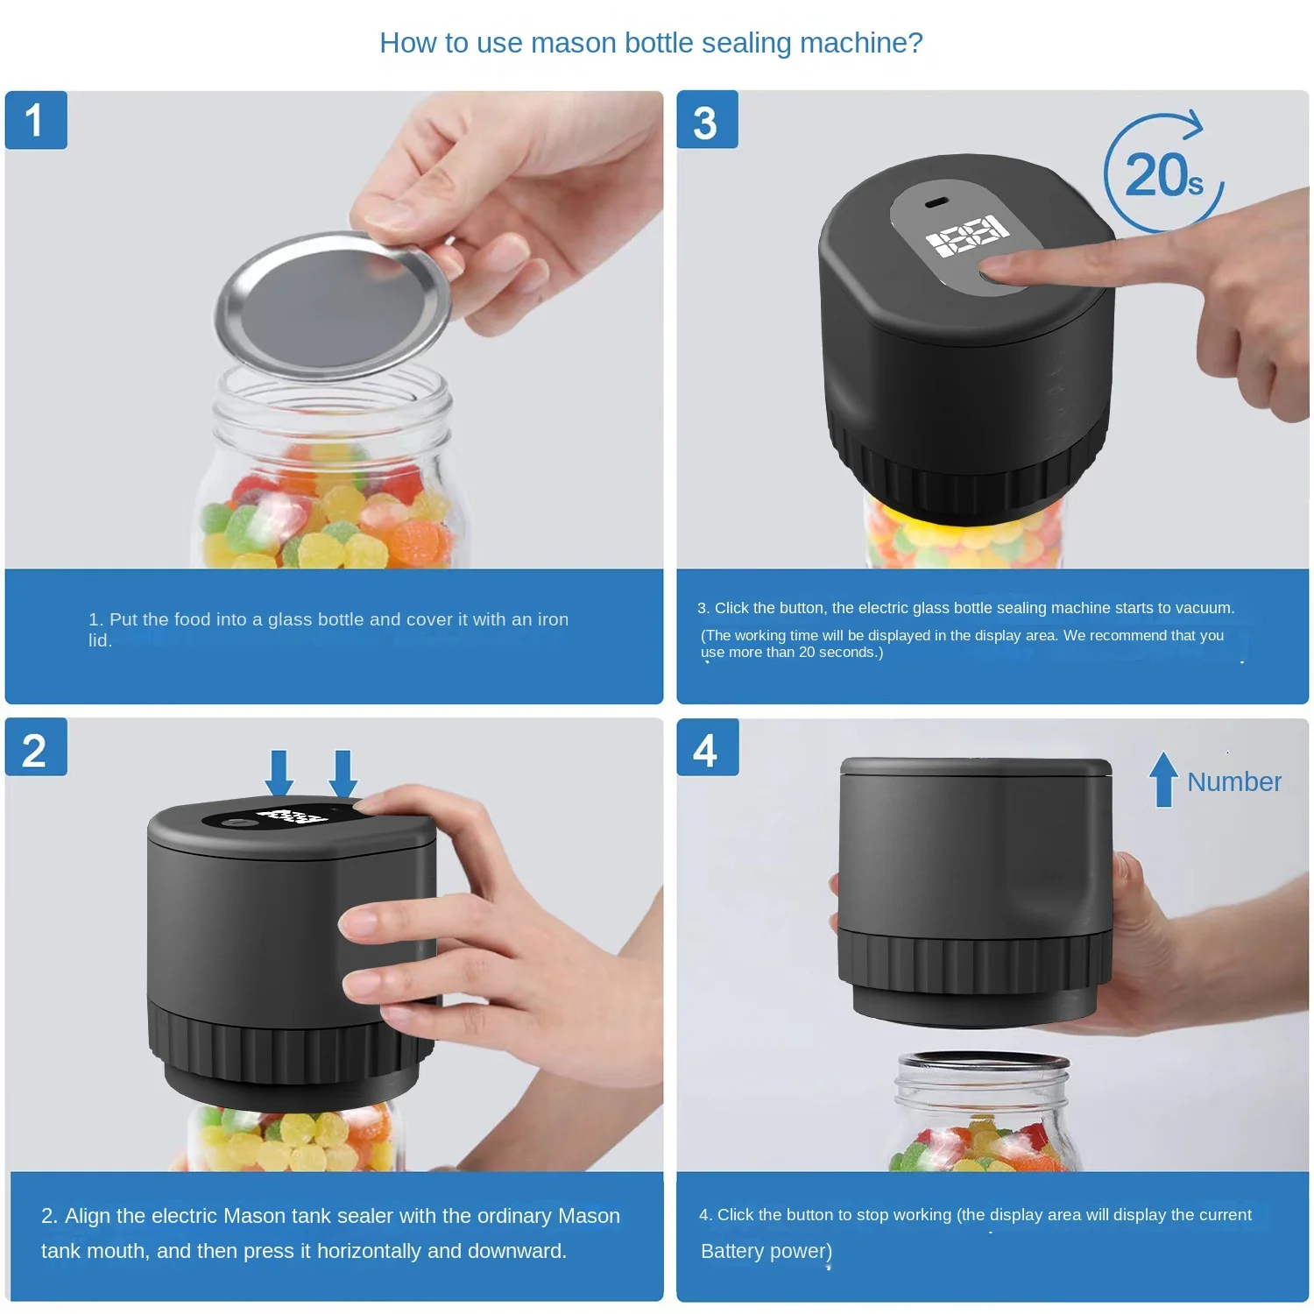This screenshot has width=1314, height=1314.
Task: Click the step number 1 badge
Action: (36, 120)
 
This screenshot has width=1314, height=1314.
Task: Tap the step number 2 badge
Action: (36, 750)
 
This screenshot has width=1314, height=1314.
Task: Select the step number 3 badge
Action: (707, 121)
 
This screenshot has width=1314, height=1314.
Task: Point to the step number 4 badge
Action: (707, 750)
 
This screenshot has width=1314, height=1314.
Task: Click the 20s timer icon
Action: (1163, 173)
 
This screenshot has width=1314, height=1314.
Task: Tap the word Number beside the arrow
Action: (1233, 781)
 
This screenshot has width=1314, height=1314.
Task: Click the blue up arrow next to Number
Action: (1163, 779)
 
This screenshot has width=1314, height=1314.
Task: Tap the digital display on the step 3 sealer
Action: (967, 236)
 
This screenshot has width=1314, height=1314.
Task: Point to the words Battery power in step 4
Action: (766, 1251)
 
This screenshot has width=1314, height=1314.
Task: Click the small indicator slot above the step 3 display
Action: (936, 203)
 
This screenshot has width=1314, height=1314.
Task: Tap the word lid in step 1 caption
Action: (99, 640)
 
